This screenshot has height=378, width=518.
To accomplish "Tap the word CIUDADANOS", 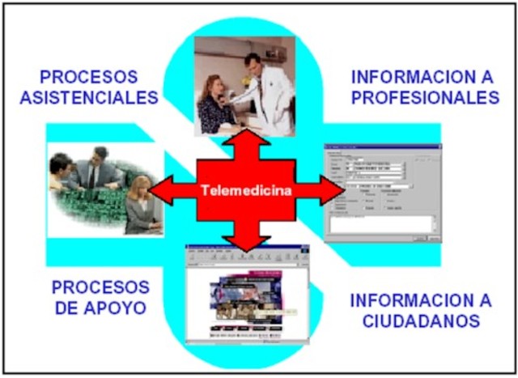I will (x=421, y=321).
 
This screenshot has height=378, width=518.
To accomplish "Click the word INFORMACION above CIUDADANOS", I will (x=420, y=299).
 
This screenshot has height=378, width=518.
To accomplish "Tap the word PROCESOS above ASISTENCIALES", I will (x=88, y=78).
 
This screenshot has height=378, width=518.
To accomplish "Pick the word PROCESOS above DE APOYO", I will (x=100, y=287).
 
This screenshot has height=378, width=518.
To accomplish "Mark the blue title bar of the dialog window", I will (x=382, y=147).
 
